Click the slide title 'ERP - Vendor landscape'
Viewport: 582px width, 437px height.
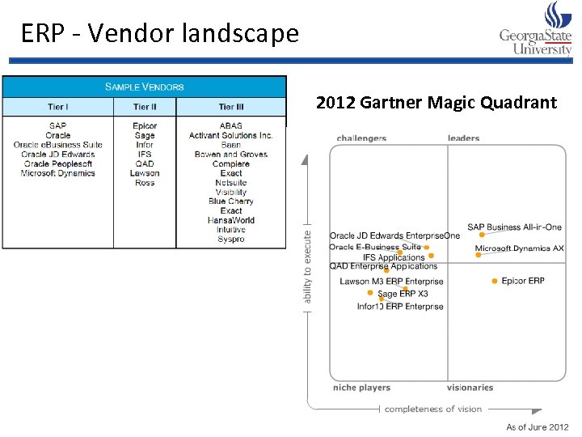[160, 34]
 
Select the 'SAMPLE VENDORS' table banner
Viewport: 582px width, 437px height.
[145, 87]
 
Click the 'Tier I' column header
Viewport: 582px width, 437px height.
[57, 107]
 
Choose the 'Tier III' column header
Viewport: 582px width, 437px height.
[231, 107]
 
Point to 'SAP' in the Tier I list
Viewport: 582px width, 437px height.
[57, 125]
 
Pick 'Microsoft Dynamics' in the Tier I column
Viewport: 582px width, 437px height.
[57, 173]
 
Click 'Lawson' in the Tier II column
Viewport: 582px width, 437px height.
[145, 173]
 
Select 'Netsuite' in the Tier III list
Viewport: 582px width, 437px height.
[231, 183]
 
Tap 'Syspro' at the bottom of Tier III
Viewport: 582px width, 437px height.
[231, 240]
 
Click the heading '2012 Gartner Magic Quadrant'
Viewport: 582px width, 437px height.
[436, 103]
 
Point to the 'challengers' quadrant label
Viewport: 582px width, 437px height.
[361, 138]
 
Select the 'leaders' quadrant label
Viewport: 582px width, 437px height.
[464, 138]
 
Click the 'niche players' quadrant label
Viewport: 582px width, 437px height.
[361, 388]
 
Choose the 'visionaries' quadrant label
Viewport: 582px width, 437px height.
[470, 388]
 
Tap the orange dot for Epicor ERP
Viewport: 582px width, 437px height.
[494, 281]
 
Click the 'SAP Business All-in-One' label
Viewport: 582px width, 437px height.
[514, 227]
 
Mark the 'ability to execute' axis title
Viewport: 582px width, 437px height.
[307, 268]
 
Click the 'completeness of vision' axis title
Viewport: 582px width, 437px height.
[432, 409]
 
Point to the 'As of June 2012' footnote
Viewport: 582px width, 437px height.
[538, 426]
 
